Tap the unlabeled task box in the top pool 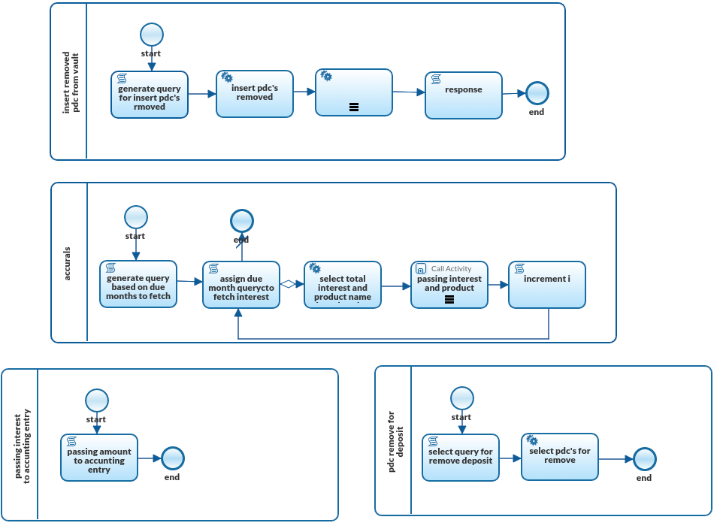click(354, 92)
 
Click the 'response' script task click(464, 95)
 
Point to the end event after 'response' click(537, 93)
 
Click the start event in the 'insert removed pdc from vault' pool click(151, 35)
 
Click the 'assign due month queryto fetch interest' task click(241, 285)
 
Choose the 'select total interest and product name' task click(343, 285)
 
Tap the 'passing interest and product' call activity click(449, 285)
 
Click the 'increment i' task click(547, 285)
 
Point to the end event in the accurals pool click(241, 221)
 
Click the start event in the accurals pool click(135, 217)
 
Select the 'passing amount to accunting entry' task click(99, 458)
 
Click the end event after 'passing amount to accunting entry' click(172, 458)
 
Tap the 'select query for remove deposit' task click(461, 458)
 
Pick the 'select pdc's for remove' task click(560, 457)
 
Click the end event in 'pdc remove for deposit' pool click(644, 459)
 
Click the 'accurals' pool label click(68, 263)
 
